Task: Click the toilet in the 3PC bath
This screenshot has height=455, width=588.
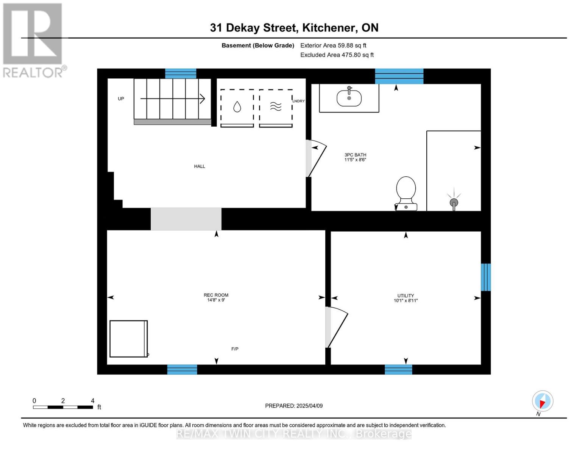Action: [406, 193]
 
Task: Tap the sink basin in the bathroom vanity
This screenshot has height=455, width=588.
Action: [349, 98]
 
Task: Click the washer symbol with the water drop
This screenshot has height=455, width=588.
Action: [237, 108]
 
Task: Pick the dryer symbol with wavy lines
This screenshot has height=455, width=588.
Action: [276, 108]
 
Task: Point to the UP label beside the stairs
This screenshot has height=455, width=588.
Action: [121, 99]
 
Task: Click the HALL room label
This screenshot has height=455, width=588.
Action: [200, 166]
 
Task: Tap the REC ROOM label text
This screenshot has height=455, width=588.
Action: [216, 295]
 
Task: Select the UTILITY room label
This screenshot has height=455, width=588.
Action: [406, 296]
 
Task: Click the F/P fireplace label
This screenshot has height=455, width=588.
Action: [235, 349]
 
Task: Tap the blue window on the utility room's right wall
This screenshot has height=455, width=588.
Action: [486, 277]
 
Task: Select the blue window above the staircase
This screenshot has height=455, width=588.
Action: [181, 74]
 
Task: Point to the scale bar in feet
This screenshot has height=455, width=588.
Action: [63, 407]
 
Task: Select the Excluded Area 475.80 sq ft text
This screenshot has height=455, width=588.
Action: [337, 55]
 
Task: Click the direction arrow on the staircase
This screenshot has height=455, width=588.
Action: [172, 99]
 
